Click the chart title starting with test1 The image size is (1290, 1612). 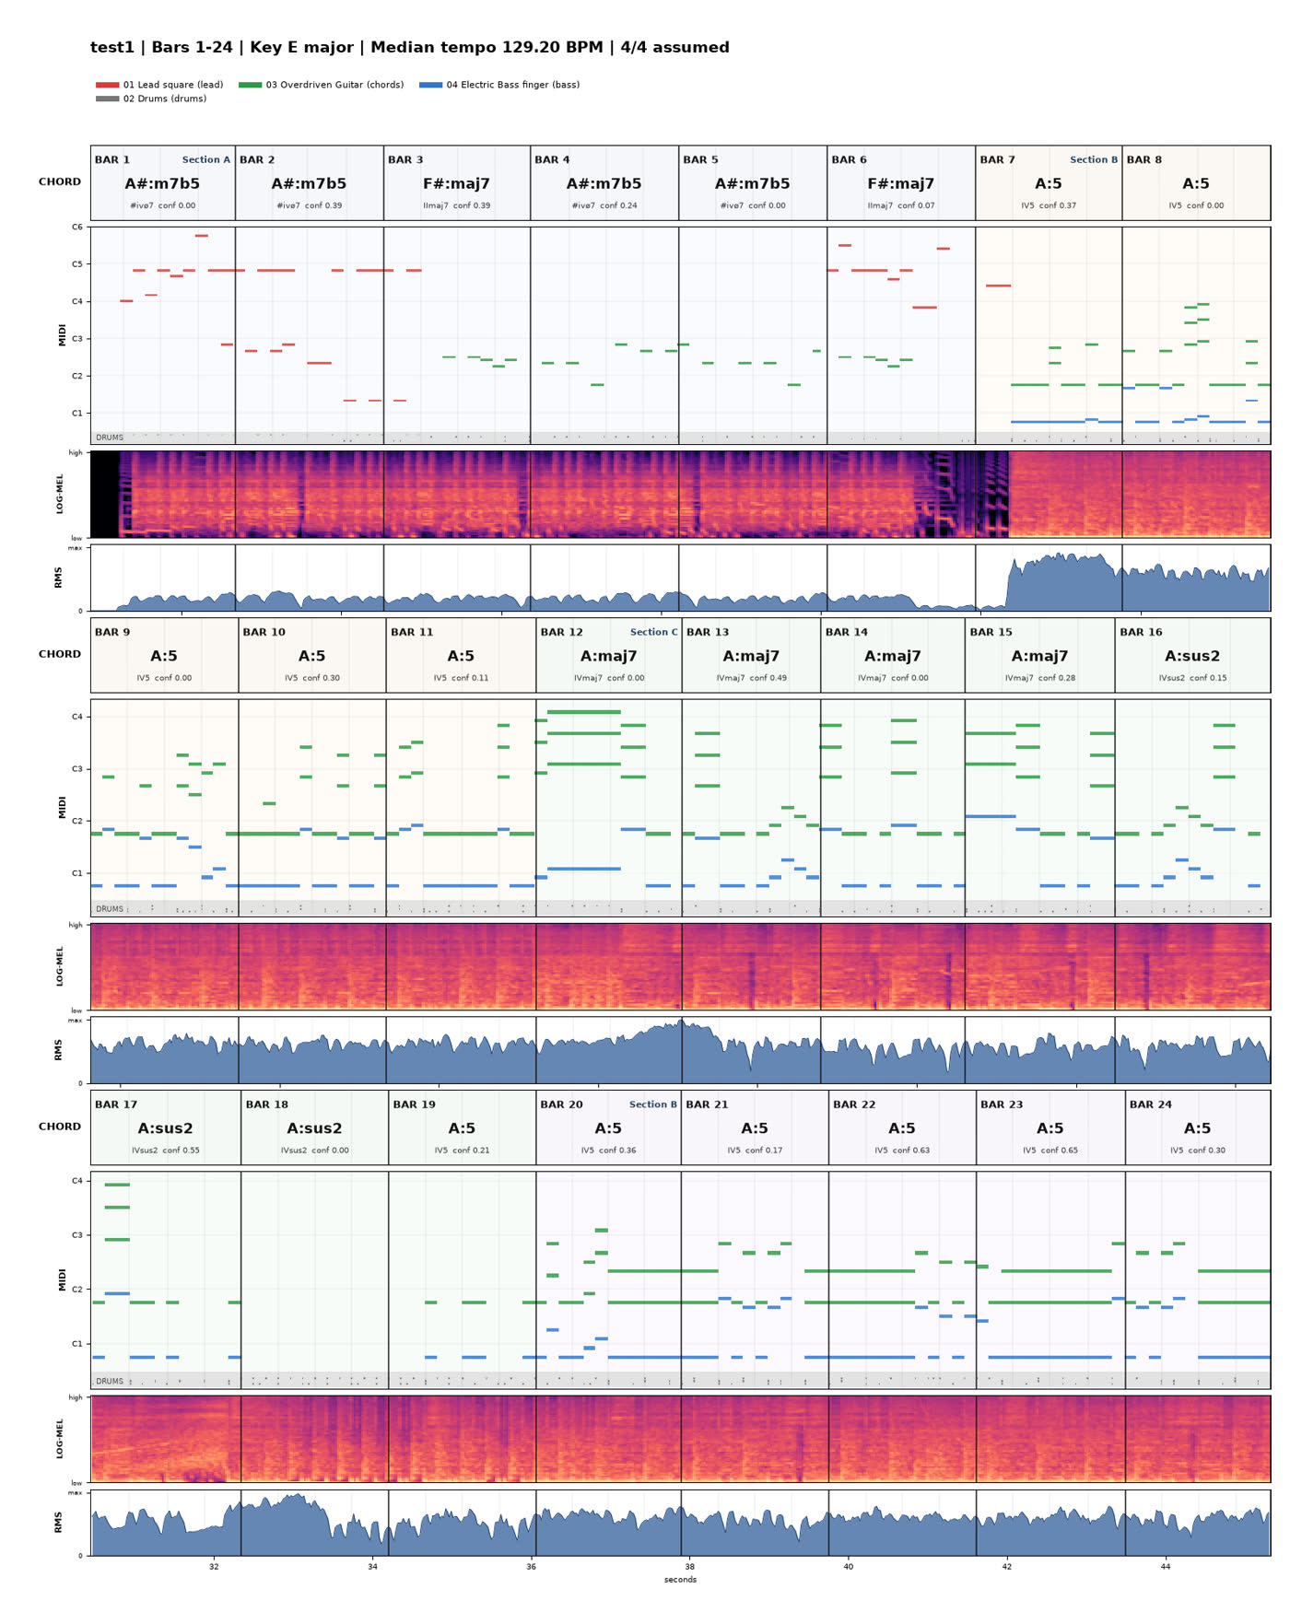(410, 47)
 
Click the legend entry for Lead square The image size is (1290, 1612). (159, 85)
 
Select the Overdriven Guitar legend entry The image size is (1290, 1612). (321, 85)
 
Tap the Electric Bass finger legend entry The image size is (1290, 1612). (499, 85)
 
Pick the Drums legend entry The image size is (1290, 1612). (151, 99)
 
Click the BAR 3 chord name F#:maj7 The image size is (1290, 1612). (456, 183)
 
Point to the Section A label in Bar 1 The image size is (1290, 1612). (206, 159)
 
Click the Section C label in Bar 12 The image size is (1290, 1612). (654, 632)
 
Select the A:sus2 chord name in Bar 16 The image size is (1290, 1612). (1192, 656)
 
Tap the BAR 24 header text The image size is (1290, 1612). (1151, 1104)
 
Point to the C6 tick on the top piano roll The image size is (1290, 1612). (77, 227)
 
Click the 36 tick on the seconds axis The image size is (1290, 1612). (531, 1566)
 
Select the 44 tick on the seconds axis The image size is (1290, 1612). (1166, 1566)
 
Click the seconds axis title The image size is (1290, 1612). (680, 1580)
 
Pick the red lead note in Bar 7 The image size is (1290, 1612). (998, 286)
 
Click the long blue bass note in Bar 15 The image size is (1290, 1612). (991, 816)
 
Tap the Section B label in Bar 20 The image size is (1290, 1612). (653, 1104)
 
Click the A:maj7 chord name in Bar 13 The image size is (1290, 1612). (751, 656)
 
